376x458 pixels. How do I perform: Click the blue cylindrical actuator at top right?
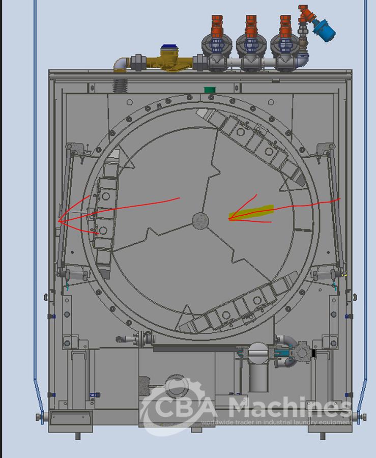click(324, 30)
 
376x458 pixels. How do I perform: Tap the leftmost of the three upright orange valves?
click(218, 25)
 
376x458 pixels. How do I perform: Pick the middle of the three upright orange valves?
click(251, 25)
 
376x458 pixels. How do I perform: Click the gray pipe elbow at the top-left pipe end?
click(121, 64)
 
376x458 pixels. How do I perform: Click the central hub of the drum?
click(200, 220)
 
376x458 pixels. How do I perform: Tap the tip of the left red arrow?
click(60, 220)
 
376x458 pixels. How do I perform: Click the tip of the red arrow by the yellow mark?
click(229, 219)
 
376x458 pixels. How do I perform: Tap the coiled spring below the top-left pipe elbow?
click(120, 83)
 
